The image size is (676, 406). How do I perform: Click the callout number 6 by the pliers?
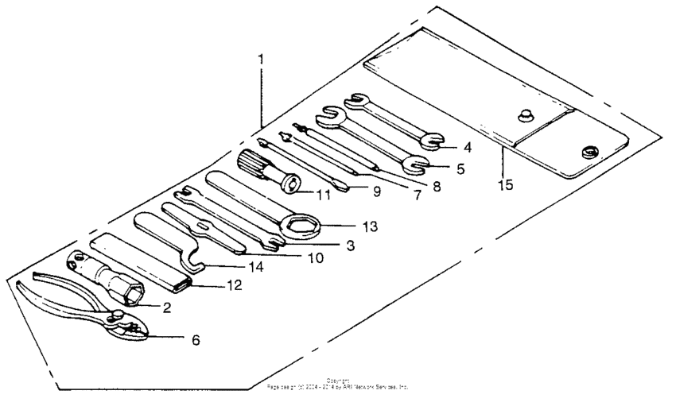(196, 340)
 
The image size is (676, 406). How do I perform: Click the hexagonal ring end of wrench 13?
(303, 228)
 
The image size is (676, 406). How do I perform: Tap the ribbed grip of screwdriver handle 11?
(256, 160)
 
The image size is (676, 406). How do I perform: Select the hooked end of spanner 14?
(191, 261)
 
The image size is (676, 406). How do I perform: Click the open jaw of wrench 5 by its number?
(414, 165)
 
